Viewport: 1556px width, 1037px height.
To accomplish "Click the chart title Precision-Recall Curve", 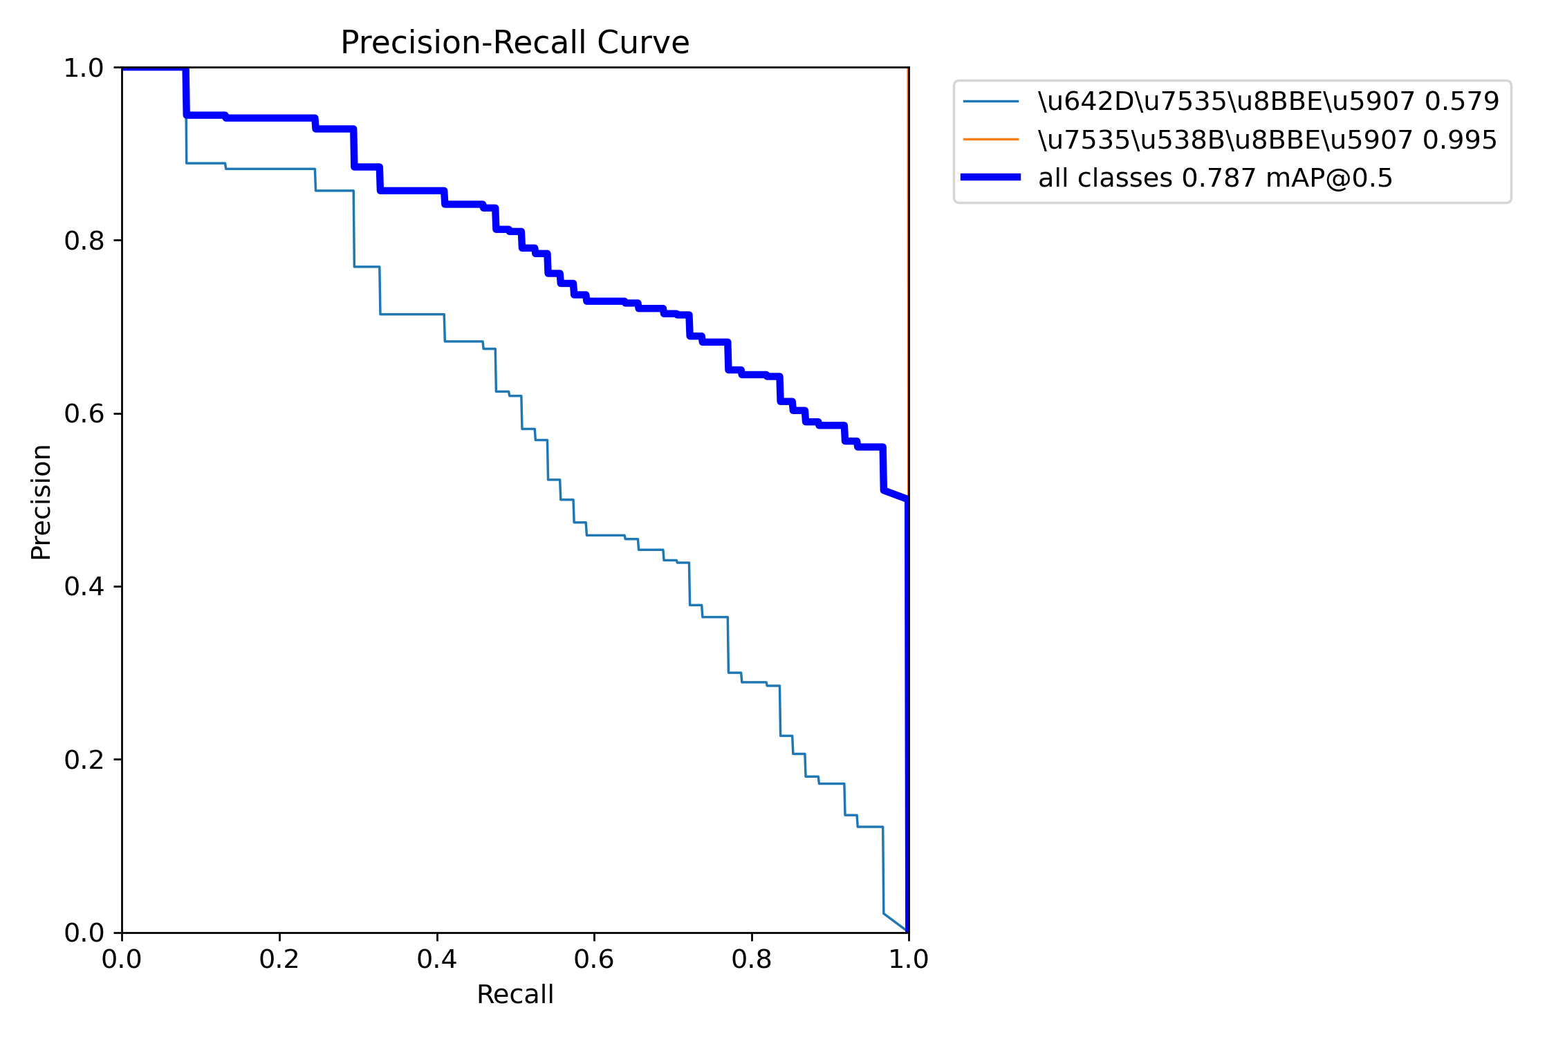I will coord(515,43).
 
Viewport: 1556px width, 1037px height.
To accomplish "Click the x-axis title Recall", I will coord(515,994).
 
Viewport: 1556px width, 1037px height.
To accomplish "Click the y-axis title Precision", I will coord(41,501).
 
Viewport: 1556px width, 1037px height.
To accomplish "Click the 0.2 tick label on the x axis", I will coord(279,959).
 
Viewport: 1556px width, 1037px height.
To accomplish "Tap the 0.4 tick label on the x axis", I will coord(436,959).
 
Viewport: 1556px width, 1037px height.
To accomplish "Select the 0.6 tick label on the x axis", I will coord(593,959).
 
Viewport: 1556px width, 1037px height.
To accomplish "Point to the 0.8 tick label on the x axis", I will coord(751,959).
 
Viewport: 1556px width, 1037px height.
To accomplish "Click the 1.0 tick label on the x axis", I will coord(908,959).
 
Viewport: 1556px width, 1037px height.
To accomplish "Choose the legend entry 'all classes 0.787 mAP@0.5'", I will coord(1215,178).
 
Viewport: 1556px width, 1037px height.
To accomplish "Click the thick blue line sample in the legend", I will coord(991,178).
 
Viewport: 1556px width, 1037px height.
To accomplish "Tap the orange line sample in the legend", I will coord(991,140).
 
